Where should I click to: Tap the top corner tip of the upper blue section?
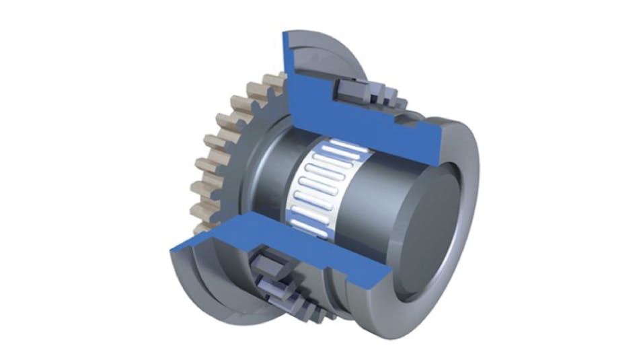coord(286,34)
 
